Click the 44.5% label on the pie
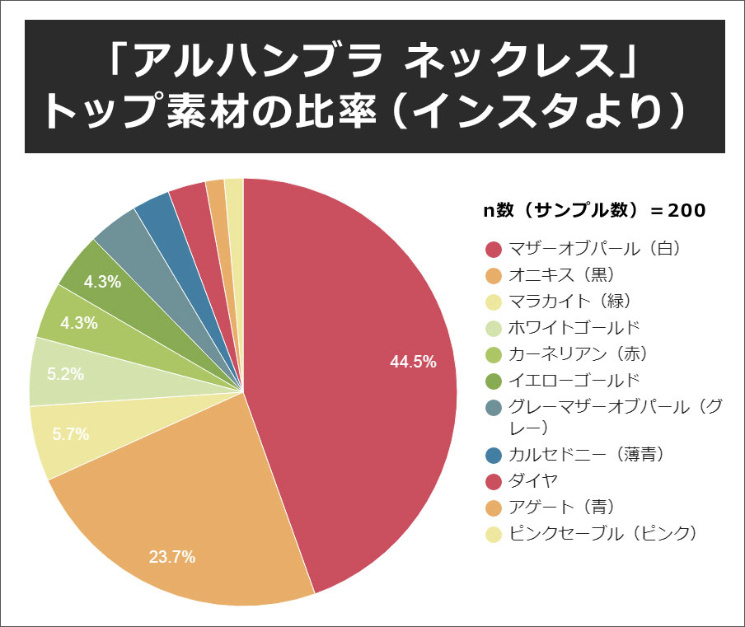click(x=413, y=362)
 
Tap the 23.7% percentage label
click(x=172, y=557)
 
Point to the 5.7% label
click(x=70, y=434)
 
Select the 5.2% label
click(x=66, y=374)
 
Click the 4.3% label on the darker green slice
click(x=103, y=282)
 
